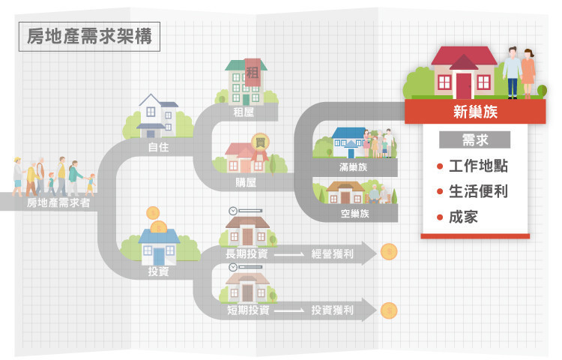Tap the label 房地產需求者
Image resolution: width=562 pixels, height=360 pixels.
coord(58,202)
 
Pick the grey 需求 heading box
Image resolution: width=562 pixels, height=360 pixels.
coord(475,140)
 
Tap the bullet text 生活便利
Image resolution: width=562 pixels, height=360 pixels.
coord(478,192)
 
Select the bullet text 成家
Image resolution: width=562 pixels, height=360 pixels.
coord(463,217)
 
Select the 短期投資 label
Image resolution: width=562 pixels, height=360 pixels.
coord(248,310)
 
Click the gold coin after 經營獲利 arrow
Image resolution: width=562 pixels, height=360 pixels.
coord(388,252)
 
